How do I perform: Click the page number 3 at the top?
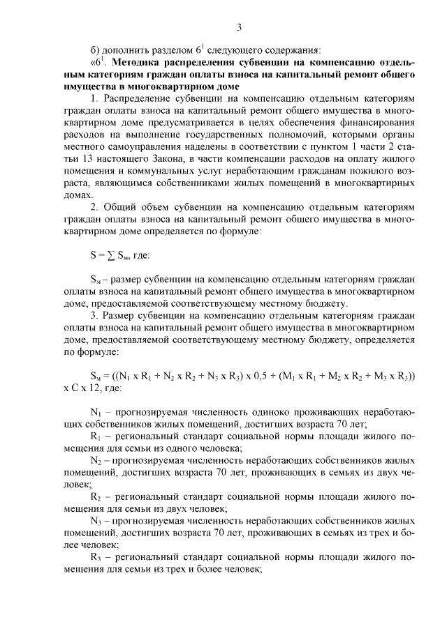tap(238, 27)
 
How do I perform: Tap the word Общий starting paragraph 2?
tap(118, 207)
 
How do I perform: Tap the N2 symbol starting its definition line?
tap(96, 462)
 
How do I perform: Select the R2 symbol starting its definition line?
tap(96, 499)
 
